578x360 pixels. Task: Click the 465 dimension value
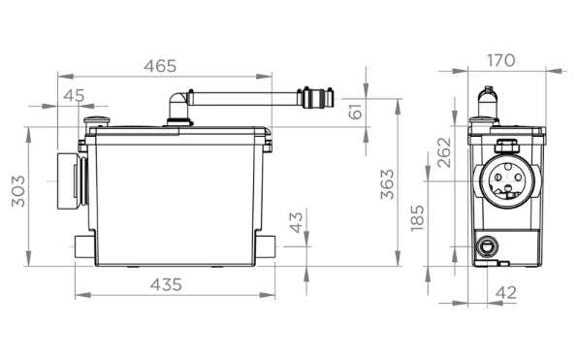click(x=160, y=66)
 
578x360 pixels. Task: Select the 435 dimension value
click(x=166, y=284)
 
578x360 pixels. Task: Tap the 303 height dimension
click(x=18, y=191)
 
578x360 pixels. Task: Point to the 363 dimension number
click(x=387, y=184)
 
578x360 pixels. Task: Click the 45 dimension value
click(x=74, y=96)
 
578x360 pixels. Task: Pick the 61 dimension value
click(x=356, y=112)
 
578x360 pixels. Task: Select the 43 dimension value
click(x=297, y=222)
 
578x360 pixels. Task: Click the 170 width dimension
click(x=501, y=60)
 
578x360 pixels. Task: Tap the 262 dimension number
click(x=444, y=152)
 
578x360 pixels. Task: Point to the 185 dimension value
click(x=417, y=218)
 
